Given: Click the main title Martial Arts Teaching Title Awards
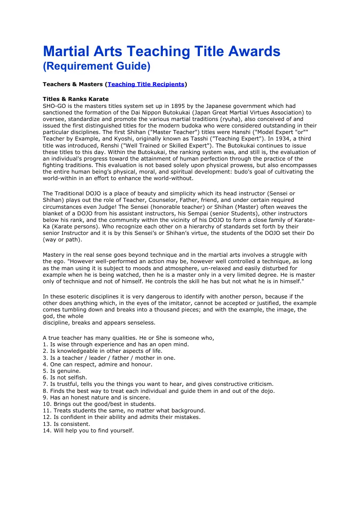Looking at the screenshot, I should click(161, 51).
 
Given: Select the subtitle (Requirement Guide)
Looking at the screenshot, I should click(96, 66).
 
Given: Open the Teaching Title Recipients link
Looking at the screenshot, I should click(146, 84).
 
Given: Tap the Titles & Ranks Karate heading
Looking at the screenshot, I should click(75, 99).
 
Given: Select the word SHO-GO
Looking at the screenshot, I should click(54, 106).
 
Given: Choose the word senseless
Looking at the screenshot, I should click(140, 323).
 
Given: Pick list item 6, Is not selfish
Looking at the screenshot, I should click(65, 378).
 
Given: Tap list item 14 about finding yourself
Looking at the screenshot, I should click(88, 431).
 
